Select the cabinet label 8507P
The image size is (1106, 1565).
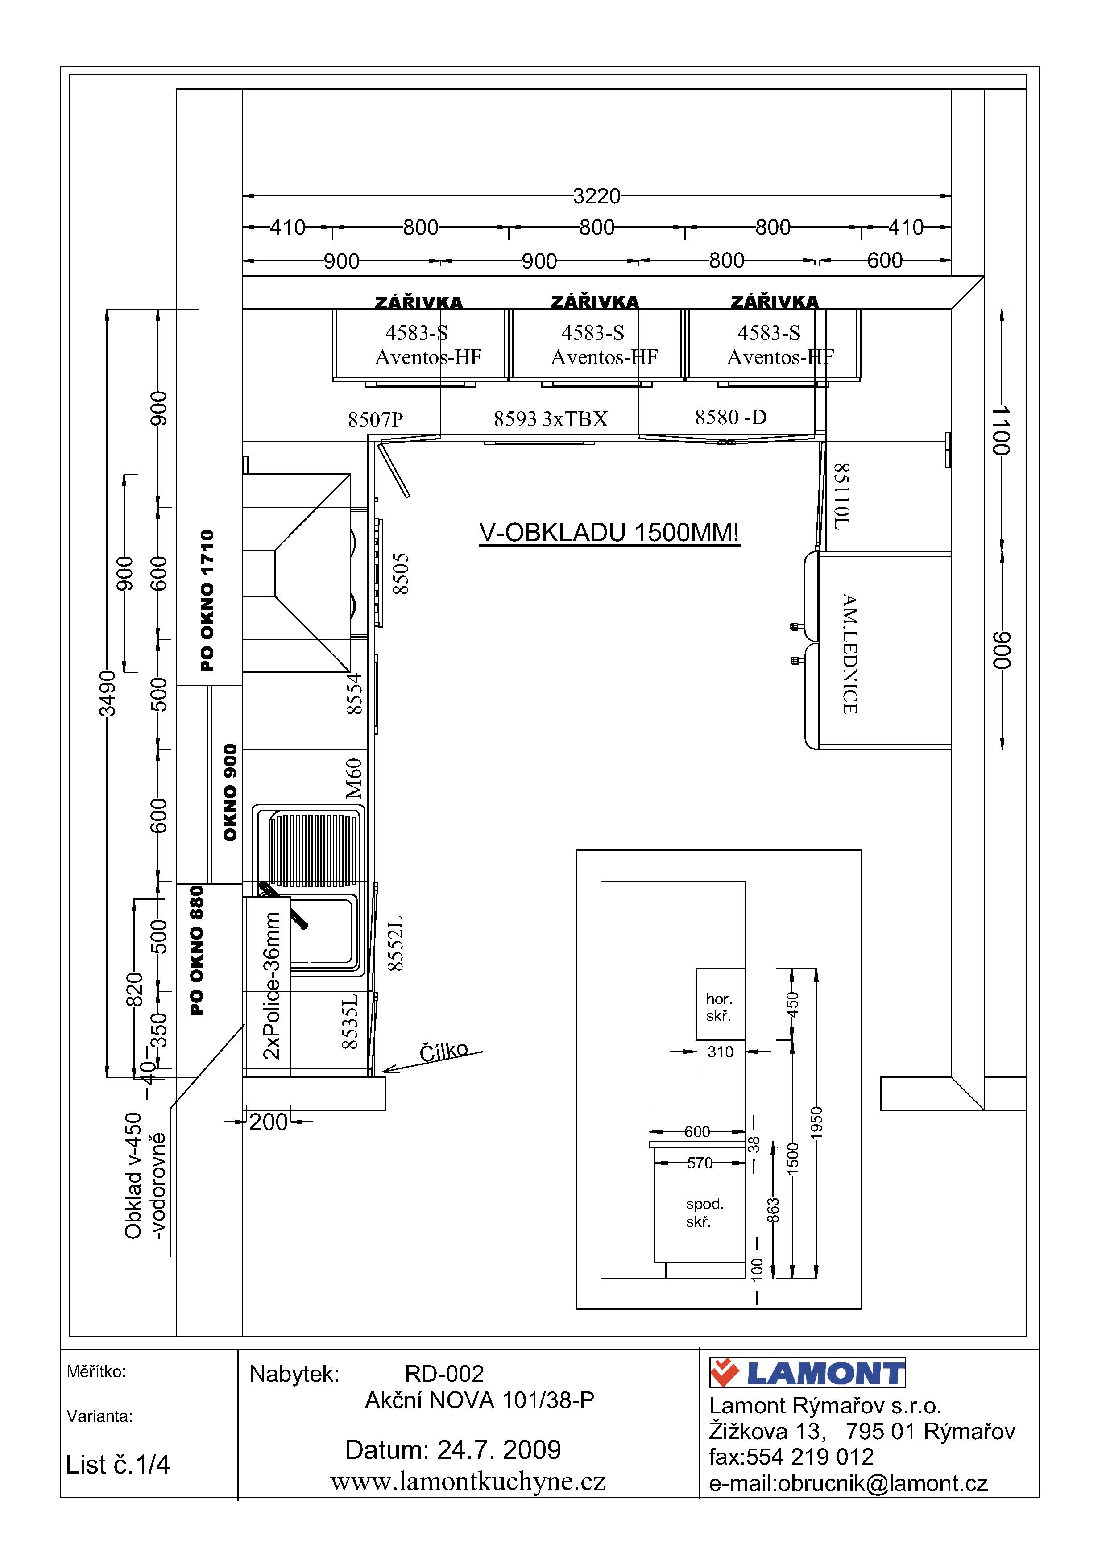point(376,420)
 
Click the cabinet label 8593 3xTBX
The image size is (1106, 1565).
point(551,418)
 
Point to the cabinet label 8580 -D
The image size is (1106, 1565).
point(730,417)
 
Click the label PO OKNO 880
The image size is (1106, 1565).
point(197,950)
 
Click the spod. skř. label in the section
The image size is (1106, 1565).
point(704,1213)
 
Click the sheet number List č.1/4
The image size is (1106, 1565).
point(117,1464)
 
